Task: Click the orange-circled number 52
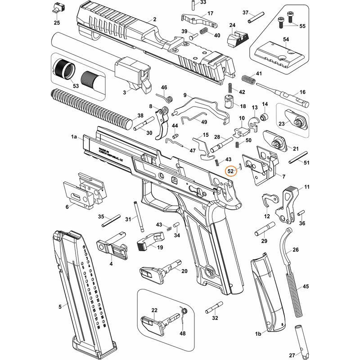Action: pyautogui.click(x=231, y=171)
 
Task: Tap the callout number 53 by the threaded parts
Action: pyautogui.click(x=75, y=85)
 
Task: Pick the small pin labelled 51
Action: pyautogui.click(x=298, y=158)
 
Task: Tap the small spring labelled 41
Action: pyautogui.click(x=247, y=79)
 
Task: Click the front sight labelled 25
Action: pyautogui.click(x=57, y=8)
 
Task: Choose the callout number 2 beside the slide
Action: pyautogui.click(x=154, y=19)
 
